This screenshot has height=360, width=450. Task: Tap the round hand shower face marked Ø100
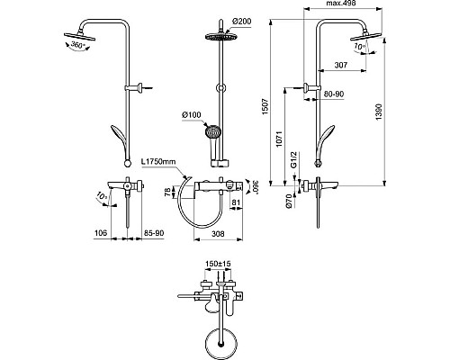pyautogui.click(x=212, y=130)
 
